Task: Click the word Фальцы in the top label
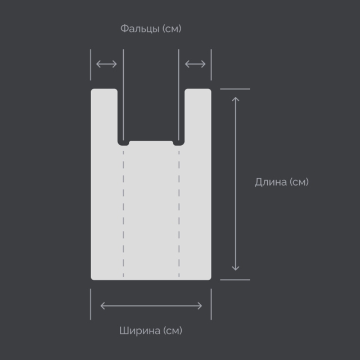pos(140,29)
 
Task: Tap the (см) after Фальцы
pos(172,29)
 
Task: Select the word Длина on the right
pos(271,182)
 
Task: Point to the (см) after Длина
pos(299,182)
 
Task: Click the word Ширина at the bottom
pos(140,331)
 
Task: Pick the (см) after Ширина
pos(173,331)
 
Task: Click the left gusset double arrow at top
pos(106,64)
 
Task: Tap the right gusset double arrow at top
pos(195,64)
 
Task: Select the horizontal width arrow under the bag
pos(151,306)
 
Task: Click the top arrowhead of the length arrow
pos(236,99)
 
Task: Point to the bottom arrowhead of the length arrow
pos(236,268)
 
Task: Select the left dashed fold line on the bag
pos(124,214)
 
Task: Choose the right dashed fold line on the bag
pos(179,214)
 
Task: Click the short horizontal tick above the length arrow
pos(235,89)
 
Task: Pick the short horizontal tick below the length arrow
pos(235,280)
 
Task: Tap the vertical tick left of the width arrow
pos(91,304)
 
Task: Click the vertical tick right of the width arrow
pos(211,304)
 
